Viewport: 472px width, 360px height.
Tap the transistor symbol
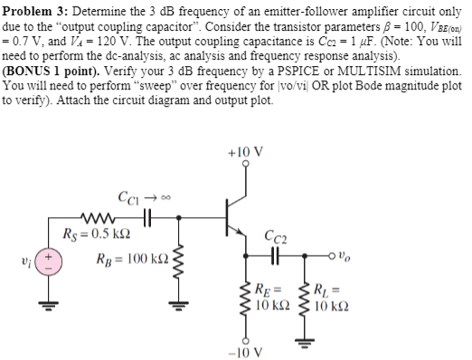tap(237, 216)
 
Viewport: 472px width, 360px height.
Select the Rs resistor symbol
tap(93, 216)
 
